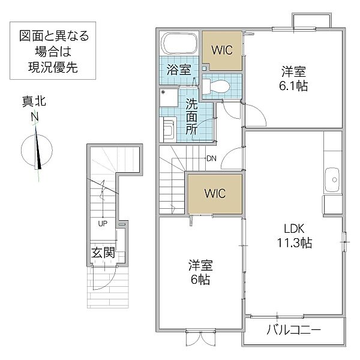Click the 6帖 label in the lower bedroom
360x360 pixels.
(x=202, y=279)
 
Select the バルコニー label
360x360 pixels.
(x=293, y=330)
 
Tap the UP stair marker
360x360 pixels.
(x=102, y=224)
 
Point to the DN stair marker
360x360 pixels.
(x=211, y=158)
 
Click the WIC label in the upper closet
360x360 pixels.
(x=223, y=48)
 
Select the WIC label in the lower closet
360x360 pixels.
(x=214, y=194)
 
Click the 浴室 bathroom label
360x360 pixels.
(x=178, y=69)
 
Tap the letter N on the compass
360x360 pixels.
(x=35, y=116)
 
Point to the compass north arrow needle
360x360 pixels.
(x=38, y=147)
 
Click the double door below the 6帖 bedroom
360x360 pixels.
(x=202, y=338)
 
